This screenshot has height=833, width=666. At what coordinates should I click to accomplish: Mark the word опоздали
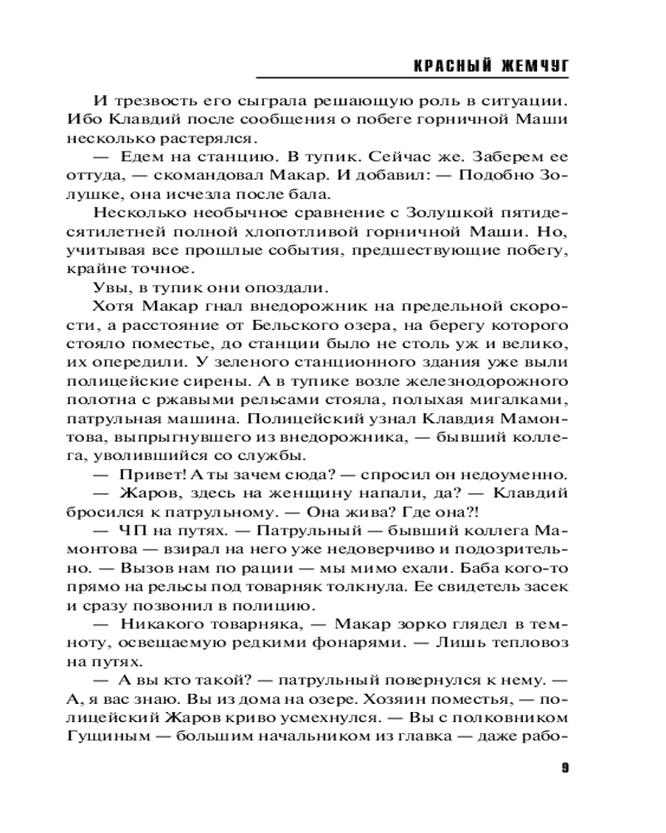279,287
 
